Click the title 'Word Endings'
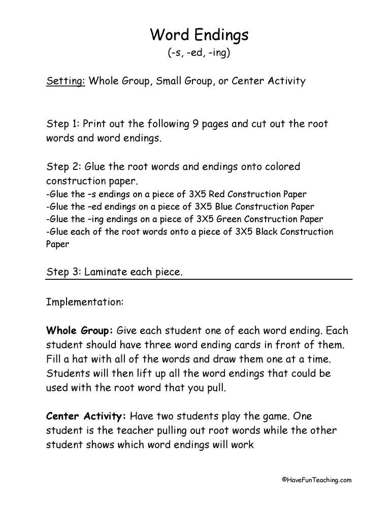199,35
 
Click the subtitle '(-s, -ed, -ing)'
199,53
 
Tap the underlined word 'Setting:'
66,81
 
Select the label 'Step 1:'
62,124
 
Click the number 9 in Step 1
195,124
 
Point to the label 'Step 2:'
62,167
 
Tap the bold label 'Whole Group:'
80,331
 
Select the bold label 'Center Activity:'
86,417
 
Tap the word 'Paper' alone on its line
57,244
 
